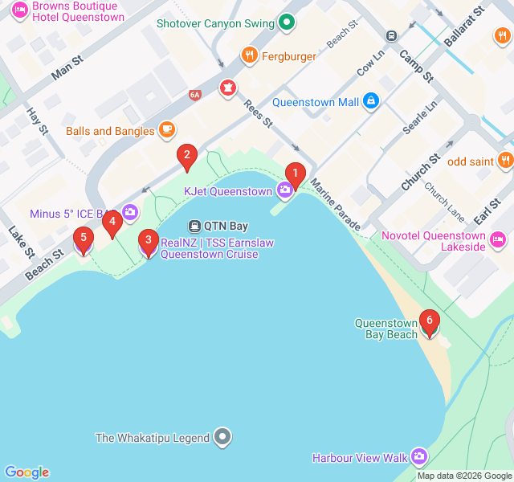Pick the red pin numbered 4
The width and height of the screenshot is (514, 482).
coord(112,223)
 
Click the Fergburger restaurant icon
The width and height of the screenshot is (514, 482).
coord(250,56)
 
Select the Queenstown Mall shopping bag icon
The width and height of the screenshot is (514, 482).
coord(370,101)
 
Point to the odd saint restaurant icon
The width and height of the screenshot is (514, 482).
coord(505,161)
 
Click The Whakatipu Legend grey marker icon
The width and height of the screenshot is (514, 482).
coord(223,438)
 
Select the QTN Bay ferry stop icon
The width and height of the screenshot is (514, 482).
coord(194,226)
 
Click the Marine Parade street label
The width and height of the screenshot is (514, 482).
coord(334,206)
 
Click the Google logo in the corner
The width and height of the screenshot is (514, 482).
coord(27,472)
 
